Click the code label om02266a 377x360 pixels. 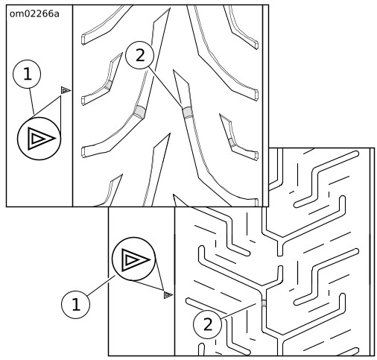[x=34, y=14]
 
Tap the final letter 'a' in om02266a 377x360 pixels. [x=57, y=15]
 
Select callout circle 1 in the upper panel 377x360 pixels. [x=27, y=74]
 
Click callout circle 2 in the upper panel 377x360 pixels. [x=140, y=55]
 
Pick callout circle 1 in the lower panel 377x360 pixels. [x=75, y=305]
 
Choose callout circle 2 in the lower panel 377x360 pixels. [x=207, y=324]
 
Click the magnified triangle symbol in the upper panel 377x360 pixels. [x=39, y=139]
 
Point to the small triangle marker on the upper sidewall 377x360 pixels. [x=66, y=90]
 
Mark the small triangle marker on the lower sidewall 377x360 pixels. [x=168, y=295]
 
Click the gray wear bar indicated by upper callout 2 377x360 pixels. [x=188, y=113]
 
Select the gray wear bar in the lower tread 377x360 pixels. [x=264, y=303]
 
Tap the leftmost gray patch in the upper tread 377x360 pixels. [x=108, y=85]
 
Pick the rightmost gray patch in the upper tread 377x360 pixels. [x=232, y=142]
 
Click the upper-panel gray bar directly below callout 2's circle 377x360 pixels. [x=140, y=111]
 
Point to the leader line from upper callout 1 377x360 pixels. [x=31, y=101]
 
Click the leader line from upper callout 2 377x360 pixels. [x=165, y=86]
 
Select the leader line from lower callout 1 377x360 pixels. [x=101, y=285]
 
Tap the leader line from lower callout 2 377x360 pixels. [x=238, y=311]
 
